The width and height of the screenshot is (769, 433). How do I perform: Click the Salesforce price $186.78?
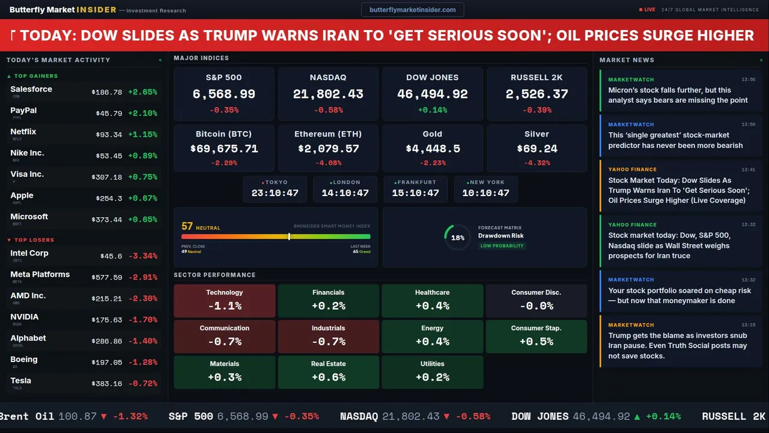(106, 92)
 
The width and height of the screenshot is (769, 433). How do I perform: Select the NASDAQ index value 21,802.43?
(328, 94)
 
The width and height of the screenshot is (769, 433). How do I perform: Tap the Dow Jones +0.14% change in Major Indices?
(433, 110)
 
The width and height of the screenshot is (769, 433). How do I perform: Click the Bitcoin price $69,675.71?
(224, 149)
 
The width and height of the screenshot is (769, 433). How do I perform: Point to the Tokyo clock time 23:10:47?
(275, 193)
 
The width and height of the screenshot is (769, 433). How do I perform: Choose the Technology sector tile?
(224, 300)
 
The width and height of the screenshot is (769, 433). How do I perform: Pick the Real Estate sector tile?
(328, 371)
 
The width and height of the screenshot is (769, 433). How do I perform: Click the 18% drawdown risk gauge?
(457, 238)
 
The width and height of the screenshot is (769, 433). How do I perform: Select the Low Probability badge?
(502, 246)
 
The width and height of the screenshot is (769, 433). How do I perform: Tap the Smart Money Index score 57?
(187, 226)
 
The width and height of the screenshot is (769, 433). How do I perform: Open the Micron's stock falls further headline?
(678, 95)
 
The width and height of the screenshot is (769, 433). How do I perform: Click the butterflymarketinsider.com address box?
(412, 10)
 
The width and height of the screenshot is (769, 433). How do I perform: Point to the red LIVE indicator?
(648, 10)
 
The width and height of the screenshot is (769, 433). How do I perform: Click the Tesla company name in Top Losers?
(20, 381)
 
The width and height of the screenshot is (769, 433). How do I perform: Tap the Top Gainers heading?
(35, 76)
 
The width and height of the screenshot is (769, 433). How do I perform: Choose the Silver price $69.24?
(536, 149)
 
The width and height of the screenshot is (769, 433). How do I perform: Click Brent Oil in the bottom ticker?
(26, 416)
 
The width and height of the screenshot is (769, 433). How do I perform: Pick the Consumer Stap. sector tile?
(536, 336)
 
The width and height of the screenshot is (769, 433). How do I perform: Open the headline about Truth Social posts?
(678, 345)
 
